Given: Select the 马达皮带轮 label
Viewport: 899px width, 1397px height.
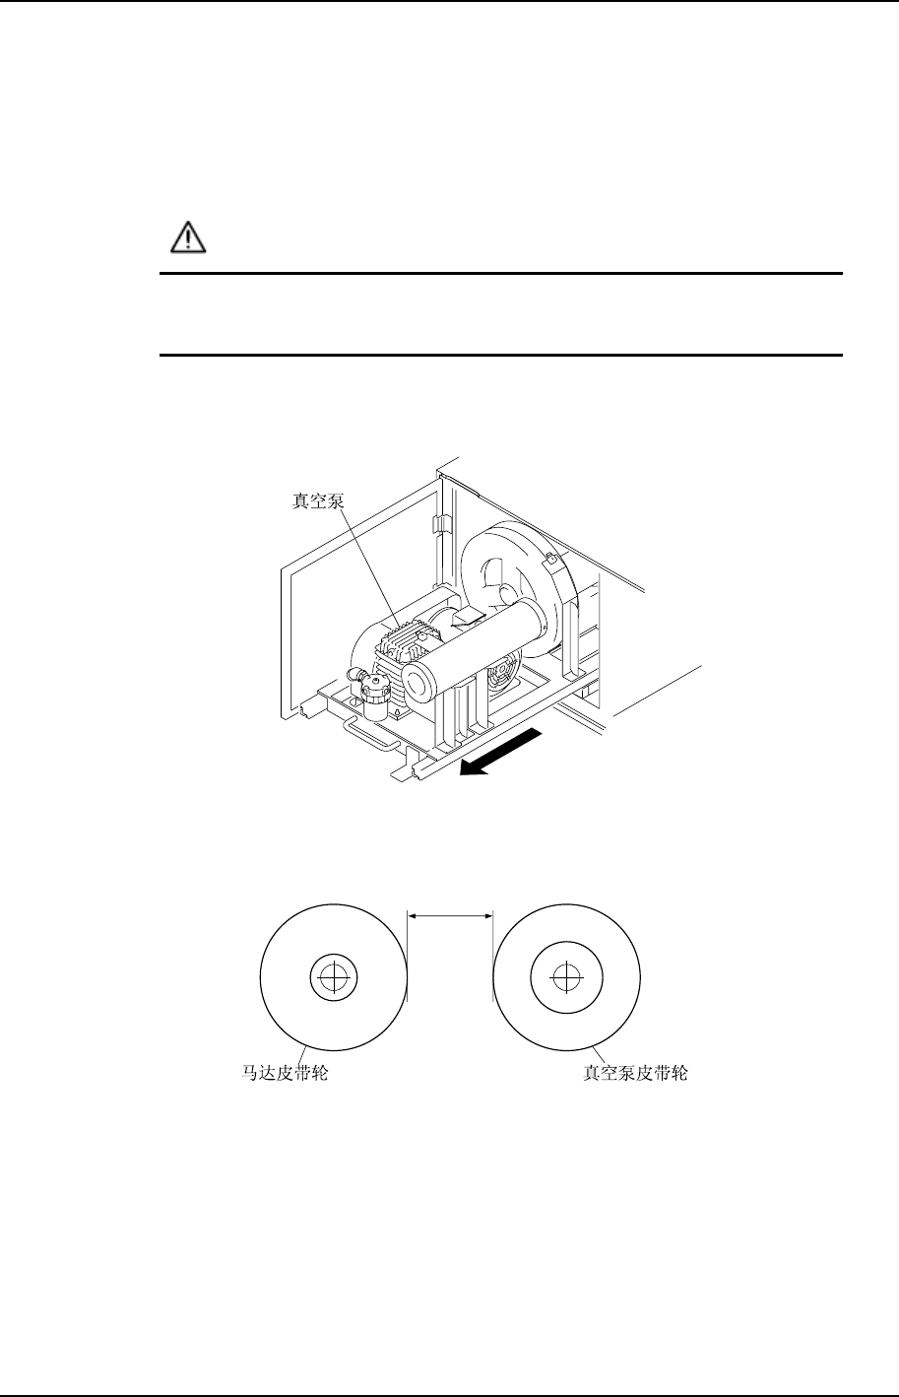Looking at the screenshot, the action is point(286,1073).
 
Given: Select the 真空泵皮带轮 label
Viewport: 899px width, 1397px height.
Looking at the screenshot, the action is point(635,1073).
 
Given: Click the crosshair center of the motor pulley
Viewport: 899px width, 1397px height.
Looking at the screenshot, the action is point(335,978).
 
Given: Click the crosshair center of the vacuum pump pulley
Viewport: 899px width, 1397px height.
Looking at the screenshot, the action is point(564,978).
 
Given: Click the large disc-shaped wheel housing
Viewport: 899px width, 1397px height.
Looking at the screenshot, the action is point(512,581).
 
